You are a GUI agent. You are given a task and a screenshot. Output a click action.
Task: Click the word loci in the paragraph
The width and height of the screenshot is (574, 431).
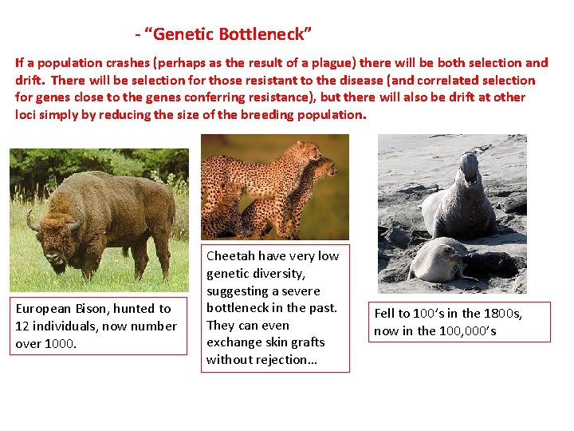[x=26, y=114]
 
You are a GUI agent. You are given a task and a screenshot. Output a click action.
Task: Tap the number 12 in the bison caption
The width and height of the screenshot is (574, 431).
[x=23, y=326]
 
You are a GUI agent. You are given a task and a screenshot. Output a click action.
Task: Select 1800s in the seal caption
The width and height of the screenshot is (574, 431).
[x=489, y=313]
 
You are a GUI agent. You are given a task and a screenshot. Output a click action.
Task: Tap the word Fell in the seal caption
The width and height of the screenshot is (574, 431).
[x=387, y=313]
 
